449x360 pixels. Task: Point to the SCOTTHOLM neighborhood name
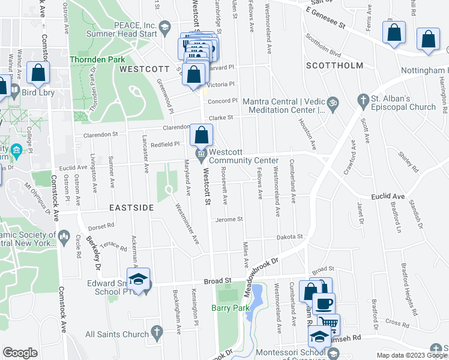(335, 65)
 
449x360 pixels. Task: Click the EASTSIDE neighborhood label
(131, 207)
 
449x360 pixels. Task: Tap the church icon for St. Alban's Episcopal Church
(363, 98)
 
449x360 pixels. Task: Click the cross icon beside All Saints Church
(157, 331)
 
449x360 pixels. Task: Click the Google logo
(20, 353)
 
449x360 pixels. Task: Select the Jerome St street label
(229, 220)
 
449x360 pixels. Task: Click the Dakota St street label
(289, 238)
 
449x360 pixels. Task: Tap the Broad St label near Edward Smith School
(217, 280)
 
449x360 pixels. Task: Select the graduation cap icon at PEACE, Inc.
(164, 26)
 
